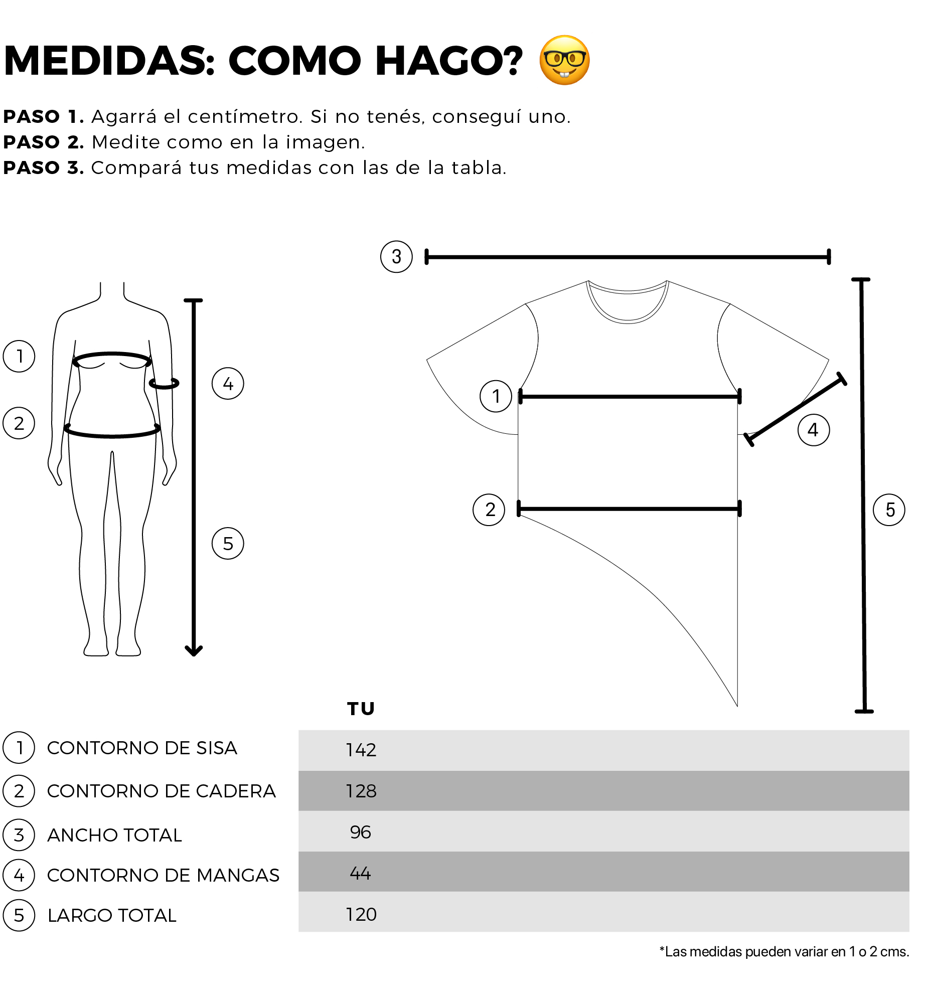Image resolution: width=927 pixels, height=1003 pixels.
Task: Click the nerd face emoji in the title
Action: tap(564, 60)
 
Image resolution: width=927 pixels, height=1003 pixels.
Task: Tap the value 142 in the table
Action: tap(361, 750)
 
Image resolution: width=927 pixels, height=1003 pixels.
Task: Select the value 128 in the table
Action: tap(361, 791)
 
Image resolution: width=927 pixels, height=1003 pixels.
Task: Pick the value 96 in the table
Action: tap(360, 832)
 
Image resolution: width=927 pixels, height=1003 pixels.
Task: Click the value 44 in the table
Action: tap(360, 873)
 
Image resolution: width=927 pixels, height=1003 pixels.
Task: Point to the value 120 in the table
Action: tap(361, 914)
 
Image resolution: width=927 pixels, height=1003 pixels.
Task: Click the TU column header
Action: tap(361, 709)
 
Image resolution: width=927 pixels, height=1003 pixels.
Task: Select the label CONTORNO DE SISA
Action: tap(142, 748)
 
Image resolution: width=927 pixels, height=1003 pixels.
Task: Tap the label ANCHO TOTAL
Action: tap(114, 835)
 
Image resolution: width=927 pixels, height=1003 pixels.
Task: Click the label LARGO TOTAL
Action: tap(112, 915)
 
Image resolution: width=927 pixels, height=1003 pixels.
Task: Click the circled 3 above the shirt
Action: tap(396, 257)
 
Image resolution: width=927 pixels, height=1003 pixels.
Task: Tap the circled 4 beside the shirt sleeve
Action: tap(813, 430)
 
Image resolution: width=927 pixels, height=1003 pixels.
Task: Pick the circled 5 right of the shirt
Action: tap(889, 510)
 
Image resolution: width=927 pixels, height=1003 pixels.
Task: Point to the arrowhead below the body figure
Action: tap(194, 650)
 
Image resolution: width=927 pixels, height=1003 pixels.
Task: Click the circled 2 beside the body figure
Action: tap(19, 423)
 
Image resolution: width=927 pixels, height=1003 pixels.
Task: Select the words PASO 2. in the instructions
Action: tap(44, 142)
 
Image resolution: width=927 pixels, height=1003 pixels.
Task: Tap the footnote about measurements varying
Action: tap(784, 951)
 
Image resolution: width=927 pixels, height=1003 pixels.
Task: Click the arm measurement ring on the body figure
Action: tap(164, 384)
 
